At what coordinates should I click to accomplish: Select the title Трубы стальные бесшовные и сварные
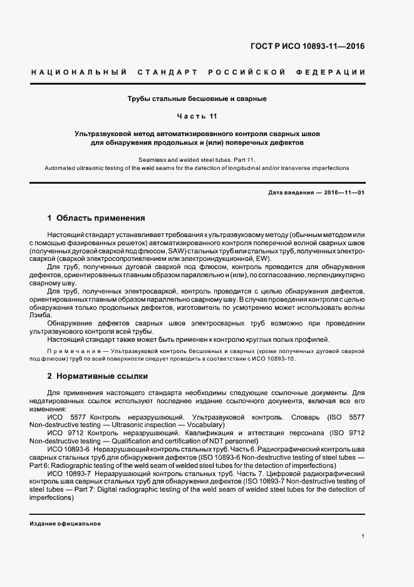197,98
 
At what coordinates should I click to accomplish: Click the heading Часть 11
197,116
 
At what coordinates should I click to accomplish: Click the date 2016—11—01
344,193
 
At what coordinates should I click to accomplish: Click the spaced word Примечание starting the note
69,352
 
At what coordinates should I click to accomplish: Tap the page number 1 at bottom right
363,536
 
